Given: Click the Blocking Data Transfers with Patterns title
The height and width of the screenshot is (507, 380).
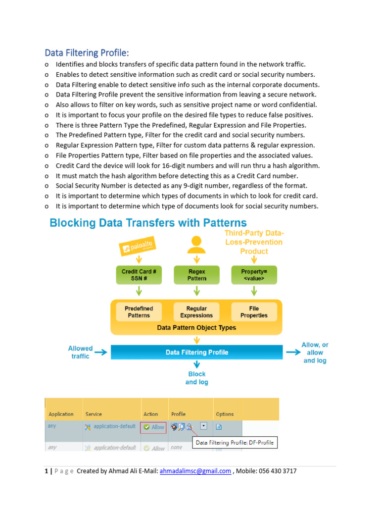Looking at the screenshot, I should point(148,223).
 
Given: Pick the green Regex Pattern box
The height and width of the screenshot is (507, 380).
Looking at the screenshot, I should point(196,275).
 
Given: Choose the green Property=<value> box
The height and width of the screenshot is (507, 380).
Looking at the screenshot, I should point(254,275).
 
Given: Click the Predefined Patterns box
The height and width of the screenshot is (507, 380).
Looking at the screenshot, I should point(139,312).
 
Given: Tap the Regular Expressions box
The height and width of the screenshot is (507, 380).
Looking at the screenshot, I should point(196,312).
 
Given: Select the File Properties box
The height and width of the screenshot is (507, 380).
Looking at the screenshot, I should point(254,312).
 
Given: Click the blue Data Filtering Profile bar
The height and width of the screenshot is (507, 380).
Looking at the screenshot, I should point(196,353).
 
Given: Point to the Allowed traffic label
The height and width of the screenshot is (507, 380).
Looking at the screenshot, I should point(80,352).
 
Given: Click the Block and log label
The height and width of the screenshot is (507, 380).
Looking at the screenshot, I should point(196,378).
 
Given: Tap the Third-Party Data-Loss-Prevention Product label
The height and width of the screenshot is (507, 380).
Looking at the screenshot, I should point(254,242).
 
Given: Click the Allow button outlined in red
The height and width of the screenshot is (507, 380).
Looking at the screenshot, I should point(153,427).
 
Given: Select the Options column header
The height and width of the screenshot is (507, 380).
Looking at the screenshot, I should point(225,414).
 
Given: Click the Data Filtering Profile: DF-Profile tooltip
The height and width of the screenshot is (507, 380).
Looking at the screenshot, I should point(235,443).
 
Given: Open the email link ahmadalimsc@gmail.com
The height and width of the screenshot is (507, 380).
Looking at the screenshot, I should point(195,471).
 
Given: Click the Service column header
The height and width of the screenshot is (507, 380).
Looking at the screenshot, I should point(94,414).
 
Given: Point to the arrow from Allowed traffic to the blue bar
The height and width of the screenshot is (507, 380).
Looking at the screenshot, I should point(101,353).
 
